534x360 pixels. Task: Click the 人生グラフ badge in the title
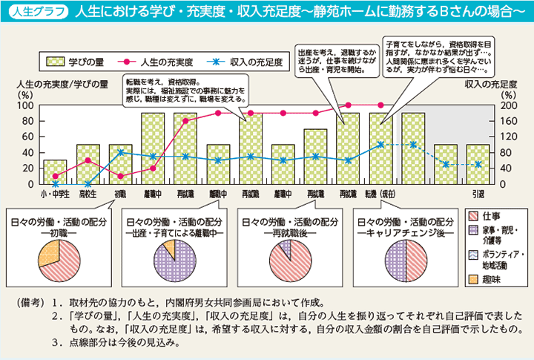[35, 13]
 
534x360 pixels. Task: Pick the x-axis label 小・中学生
[55, 194]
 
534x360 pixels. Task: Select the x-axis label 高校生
[88, 194]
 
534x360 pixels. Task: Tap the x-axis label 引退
[478, 194]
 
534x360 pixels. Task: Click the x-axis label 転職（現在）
[380, 194]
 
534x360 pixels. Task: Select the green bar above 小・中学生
[55, 172]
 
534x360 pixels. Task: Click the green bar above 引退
[478, 164]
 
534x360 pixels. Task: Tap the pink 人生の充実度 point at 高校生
[88, 160]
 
